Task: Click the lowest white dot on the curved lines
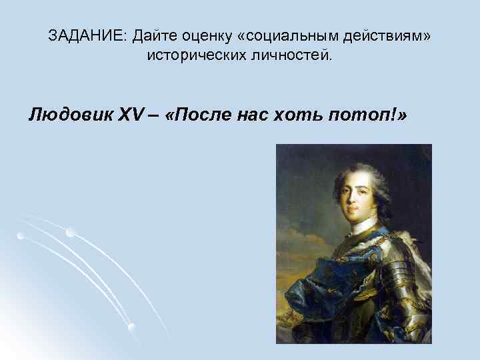coord(131,327)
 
